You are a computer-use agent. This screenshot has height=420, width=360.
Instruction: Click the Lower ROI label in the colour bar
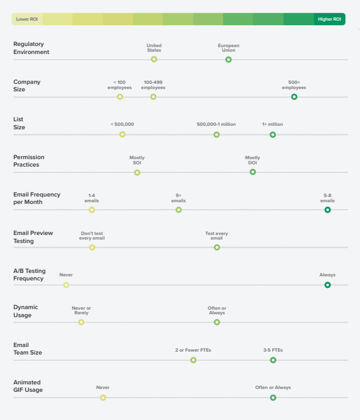coord(27,19)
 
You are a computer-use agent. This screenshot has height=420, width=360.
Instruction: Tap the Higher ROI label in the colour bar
coord(330,19)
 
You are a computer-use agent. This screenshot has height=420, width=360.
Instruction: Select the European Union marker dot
coord(228,59)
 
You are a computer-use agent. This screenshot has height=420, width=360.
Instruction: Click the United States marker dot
coord(154,59)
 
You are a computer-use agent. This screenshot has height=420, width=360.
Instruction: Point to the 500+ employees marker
coord(294,97)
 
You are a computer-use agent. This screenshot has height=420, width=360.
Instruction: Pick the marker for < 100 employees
coord(120,97)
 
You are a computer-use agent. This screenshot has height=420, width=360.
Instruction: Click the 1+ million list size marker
coord(273,134)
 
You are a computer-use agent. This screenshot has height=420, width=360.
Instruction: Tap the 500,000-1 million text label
coord(216,124)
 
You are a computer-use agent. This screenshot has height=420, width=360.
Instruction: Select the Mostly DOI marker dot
coord(252,172)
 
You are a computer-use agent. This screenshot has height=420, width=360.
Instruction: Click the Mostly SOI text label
coord(137,160)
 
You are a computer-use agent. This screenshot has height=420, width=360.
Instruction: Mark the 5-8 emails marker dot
coord(327,210)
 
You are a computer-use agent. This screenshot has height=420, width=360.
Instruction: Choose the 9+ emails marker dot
coord(178,210)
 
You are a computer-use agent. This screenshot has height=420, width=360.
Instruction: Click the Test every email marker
coord(217,247)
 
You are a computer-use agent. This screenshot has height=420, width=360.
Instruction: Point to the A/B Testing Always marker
coord(327,284)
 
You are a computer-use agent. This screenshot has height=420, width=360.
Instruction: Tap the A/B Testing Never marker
coord(66,284)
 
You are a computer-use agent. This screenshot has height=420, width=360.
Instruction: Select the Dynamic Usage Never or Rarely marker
coord(81,322)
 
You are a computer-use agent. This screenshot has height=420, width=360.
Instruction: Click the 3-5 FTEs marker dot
coord(273,360)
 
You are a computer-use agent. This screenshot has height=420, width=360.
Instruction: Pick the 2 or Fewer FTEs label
coord(193,350)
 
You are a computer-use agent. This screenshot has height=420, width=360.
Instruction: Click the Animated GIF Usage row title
coord(28,386)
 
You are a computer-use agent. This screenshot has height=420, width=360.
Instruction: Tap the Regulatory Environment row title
coord(31,48)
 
